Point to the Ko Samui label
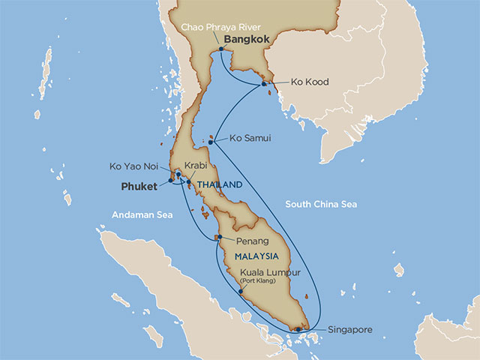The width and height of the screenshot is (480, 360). [250, 139]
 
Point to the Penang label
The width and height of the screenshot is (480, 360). [252, 241]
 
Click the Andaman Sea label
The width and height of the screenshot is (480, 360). [142, 215]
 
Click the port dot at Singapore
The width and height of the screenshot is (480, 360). [298, 328]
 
